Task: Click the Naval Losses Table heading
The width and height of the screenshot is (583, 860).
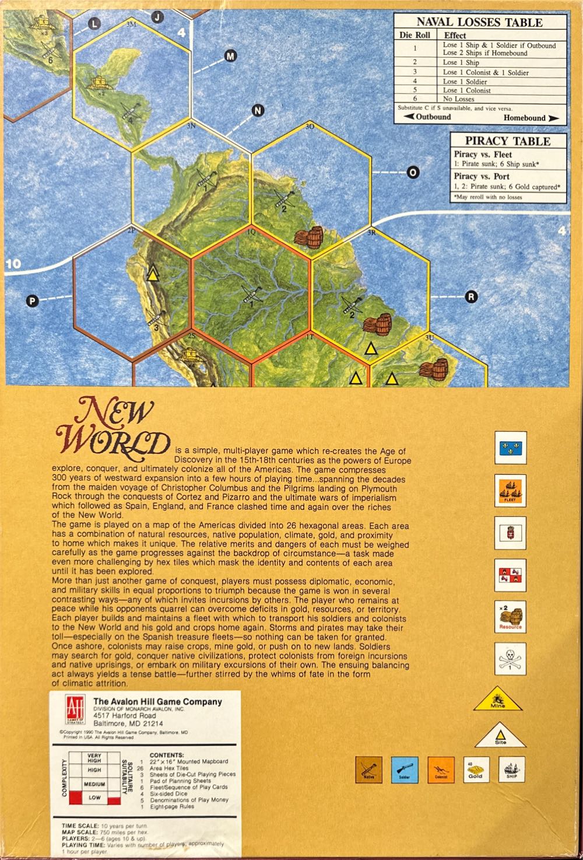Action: click(x=479, y=22)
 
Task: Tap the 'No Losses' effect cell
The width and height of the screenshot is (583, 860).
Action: click(x=459, y=99)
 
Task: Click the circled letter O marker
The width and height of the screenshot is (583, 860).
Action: click(x=413, y=173)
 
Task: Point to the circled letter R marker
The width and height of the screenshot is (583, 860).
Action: click(x=471, y=297)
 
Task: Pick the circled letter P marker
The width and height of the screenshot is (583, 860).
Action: click(x=33, y=301)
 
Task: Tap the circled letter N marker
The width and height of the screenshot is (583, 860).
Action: click(x=258, y=111)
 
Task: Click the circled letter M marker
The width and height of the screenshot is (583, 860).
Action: click(x=230, y=56)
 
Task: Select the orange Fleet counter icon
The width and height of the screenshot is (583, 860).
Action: click(x=510, y=490)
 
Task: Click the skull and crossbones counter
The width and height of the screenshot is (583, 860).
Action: click(x=510, y=659)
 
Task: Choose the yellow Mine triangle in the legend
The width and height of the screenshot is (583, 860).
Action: click(x=498, y=699)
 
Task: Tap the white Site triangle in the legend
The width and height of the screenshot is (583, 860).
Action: click(x=500, y=736)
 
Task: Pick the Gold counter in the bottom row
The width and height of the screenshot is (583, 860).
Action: click(x=476, y=770)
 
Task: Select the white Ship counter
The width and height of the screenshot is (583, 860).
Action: click(x=511, y=770)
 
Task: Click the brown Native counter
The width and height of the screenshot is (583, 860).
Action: click(x=368, y=770)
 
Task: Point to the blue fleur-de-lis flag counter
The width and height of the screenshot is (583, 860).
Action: click(x=510, y=448)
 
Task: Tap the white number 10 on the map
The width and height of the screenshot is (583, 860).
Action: click(x=13, y=264)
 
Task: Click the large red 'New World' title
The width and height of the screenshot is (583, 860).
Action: click(x=114, y=426)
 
